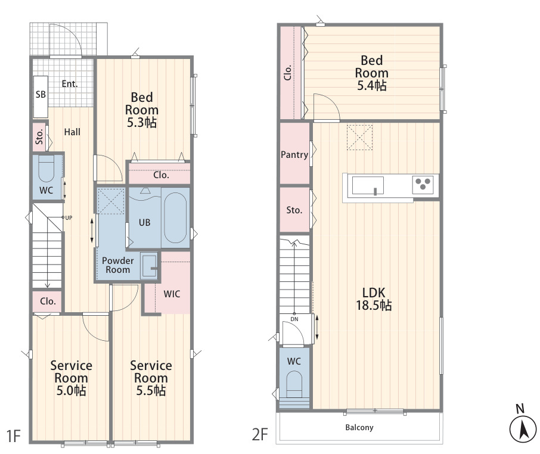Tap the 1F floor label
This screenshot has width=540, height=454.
[x=14, y=436]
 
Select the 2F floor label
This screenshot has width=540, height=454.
[x=260, y=434]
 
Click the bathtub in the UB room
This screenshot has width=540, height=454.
[x=175, y=217]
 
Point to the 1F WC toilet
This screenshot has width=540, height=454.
[x=46, y=169]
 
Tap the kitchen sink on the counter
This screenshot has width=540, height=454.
[x=368, y=185]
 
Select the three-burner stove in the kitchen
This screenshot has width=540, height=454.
[x=423, y=185]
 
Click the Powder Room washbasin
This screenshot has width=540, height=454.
[x=149, y=266]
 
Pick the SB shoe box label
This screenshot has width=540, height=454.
[x=41, y=94]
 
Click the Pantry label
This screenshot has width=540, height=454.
[x=294, y=154]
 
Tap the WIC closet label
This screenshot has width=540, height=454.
[x=172, y=294]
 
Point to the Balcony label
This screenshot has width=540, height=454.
[x=359, y=428]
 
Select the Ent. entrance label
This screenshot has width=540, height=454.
[x=70, y=83]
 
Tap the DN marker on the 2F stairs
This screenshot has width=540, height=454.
[x=294, y=319]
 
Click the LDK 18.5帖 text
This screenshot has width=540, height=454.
[x=374, y=298]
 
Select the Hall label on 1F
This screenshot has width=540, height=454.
[x=72, y=132]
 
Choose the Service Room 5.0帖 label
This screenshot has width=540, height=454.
[x=72, y=378]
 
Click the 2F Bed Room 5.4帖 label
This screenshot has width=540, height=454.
[x=371, y=73]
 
